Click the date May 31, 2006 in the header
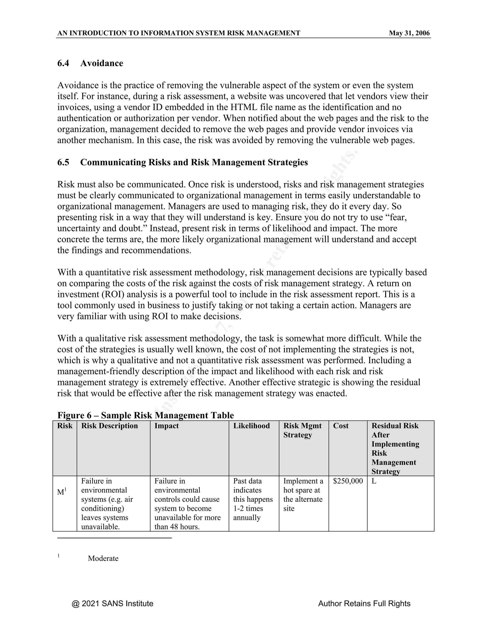click(409, 33)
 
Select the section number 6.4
click(63, 63)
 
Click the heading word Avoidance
click(102, 63)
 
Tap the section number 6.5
click(63, 162)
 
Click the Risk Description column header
click(109, 426)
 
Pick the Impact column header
click(166, 426)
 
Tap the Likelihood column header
click(251, 426)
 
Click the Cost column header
click(341, 426)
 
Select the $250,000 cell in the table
click(348, 481)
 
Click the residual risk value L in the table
click(374, 481)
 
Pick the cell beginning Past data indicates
click(253, 499)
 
